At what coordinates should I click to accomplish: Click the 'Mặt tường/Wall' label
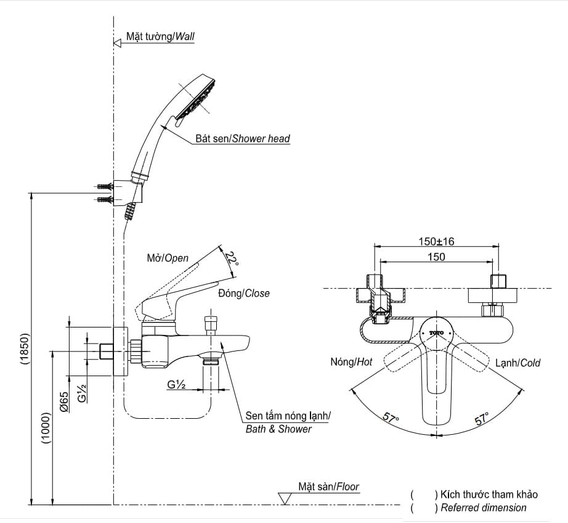pos(160,36)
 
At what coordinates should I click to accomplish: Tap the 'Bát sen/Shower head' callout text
pos(243,139)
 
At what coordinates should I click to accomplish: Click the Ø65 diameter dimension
pos(64,402)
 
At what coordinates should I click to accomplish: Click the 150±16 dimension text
pos(437,241)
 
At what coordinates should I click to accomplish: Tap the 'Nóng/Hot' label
pos(351,363)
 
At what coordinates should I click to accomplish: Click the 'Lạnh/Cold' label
pos(517,363)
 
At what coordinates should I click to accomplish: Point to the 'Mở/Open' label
pos(168,258)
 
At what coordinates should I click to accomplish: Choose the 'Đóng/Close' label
pos(244,294)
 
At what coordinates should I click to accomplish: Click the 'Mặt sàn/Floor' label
pos(328,487)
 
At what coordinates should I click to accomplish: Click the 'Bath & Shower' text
pos(278,429)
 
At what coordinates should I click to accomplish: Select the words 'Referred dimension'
pos(484,508)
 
